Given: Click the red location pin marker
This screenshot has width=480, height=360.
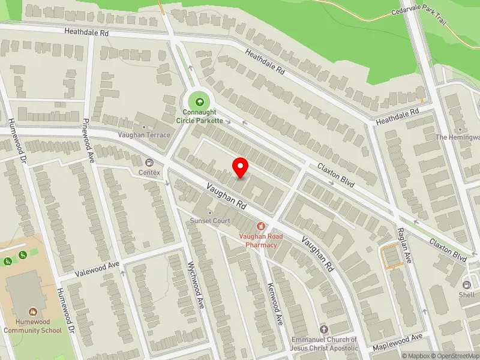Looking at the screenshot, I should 241,167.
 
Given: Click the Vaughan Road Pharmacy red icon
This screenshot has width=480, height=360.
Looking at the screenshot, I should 260,226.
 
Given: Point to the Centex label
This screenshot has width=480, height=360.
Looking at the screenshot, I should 149,173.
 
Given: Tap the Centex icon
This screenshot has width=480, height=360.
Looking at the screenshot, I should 149,162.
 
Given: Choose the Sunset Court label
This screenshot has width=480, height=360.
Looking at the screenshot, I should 210,221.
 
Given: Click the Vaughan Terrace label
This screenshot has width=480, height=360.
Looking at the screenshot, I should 144,135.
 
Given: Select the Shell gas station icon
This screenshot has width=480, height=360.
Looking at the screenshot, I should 467,284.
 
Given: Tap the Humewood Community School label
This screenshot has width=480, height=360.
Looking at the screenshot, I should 32,326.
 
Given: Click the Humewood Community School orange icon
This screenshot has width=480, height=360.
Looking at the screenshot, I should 32,312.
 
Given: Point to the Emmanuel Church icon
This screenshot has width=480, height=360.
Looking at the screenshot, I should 324,329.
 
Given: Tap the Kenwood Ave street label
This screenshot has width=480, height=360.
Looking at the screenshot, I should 275,304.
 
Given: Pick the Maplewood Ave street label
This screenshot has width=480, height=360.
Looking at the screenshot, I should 398,343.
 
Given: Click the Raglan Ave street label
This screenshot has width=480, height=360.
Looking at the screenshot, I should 403,245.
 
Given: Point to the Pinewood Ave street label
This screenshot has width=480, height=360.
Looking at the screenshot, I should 89,141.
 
